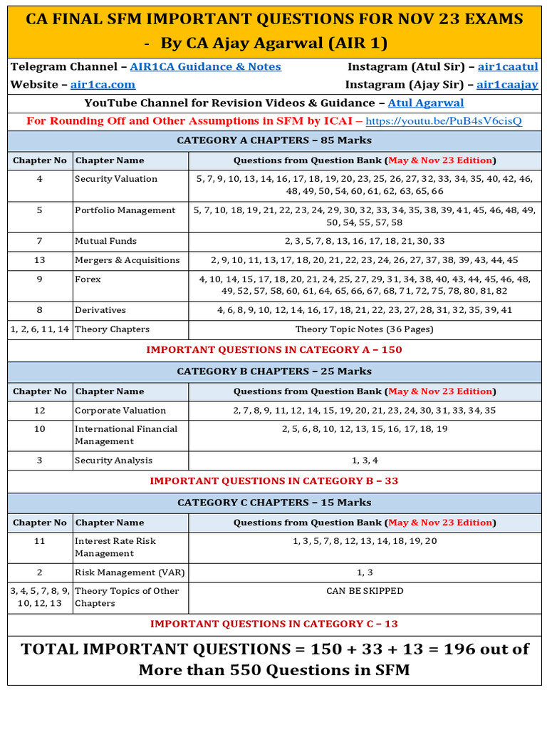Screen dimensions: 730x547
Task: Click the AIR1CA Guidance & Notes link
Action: [x=205, y=67]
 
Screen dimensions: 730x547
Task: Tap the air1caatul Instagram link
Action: [x=507, y=67]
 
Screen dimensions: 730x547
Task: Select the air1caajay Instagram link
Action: [x=507, y=85]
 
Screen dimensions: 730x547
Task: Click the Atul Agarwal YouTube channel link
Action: [x=425, y=103]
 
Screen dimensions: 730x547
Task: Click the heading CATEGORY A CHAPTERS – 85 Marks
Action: [x=274, y=140]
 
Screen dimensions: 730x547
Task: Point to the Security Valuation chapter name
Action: [x=116, y=179]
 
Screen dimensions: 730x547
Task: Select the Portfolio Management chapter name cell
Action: [x=125, y=210]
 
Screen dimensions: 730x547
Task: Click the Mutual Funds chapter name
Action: [x=105, y=241]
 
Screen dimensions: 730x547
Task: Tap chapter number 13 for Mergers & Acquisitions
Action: [x=40, y=260]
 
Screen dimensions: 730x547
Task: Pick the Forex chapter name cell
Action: [x=88, y=279]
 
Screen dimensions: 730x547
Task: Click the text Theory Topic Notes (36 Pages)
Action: [x=364, y=329]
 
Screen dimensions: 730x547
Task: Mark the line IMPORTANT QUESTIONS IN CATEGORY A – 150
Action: [x=274, y=350]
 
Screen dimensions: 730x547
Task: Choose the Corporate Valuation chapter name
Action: [x=120, y=411]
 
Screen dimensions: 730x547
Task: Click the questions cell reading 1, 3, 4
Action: [x=365, y=461]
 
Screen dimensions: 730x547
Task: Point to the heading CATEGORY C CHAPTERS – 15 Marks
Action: [x=274, y=503]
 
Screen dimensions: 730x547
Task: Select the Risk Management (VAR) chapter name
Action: [x=125, y=572]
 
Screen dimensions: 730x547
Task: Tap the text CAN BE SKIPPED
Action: [x=365, y=591]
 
